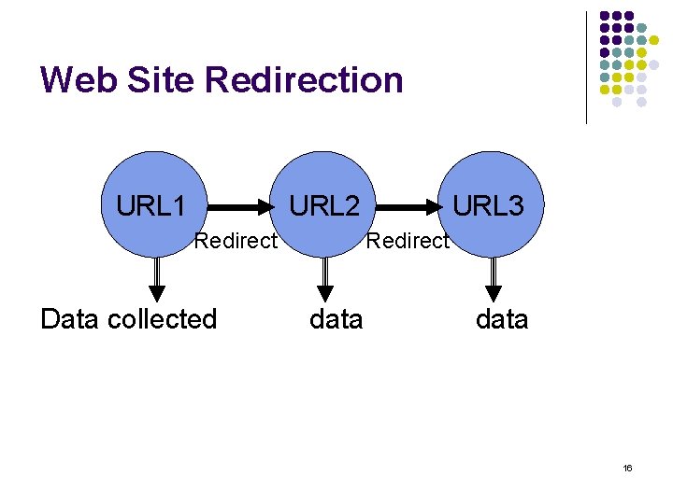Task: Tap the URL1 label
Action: coord(150,205)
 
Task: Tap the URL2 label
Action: coord(324,205)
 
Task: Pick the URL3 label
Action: coord(489,205)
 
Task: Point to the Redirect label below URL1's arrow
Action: coord(236,241)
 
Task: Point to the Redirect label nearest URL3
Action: coord(408,241)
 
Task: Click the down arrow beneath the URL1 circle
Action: coord(157,276)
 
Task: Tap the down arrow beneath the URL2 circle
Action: coord(324,276)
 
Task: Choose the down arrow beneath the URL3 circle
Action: coord(493,276)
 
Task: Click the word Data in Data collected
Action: coord(71,319)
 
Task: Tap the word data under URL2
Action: coord(336,319)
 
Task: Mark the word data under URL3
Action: coord(502,319)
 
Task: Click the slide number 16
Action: coord(627,467)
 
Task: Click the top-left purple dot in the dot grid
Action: coord(605,17)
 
